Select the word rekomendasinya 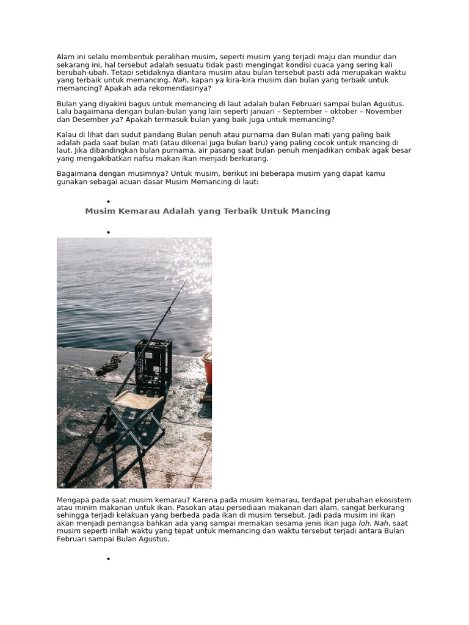(172, 88)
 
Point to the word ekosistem (391, 500)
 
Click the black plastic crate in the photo (153, 366)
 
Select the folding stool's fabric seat (137, 400)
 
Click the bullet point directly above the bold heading (108, 201)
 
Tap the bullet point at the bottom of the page (108, 558)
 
